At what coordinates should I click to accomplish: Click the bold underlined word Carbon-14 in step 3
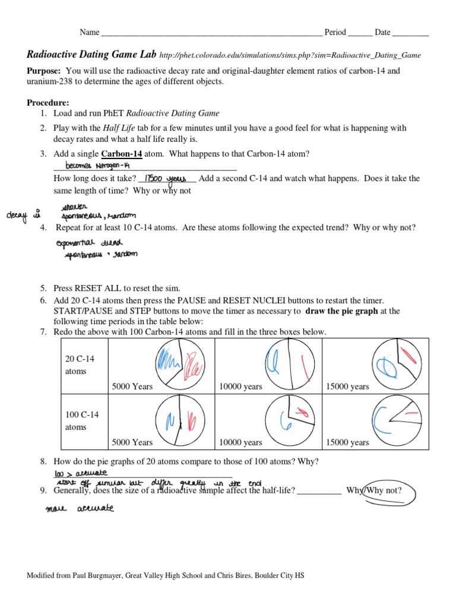pos(122,153)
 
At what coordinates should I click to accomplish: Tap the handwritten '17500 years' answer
pos(166,178)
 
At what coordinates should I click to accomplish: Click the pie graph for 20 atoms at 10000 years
pos(288,363)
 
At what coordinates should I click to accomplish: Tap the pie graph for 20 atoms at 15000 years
pos(395,363)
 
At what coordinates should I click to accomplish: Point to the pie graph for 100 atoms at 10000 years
pos(288,419)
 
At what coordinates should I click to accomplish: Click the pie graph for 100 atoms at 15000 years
pos(395,419)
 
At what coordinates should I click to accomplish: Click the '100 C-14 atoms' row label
pos(82,420)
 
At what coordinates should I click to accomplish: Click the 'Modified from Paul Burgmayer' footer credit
pos(166,575)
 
